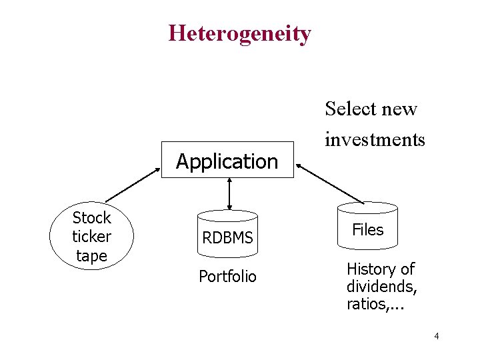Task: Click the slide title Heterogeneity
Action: click(x=239, y=33)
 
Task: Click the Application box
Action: click(x=227, y=161)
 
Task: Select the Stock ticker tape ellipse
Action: click(x=92, y=237)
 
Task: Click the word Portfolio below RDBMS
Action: click(x=227, y=276)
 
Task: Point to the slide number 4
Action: click(x=436, y=336)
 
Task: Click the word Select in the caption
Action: click(x=350, y=109)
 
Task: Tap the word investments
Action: click(x=375, y=139)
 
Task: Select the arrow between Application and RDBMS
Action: click(x=229, y=194)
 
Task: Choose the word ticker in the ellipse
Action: click(x=91, y=237)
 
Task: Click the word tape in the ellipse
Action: click(x=91, y=255)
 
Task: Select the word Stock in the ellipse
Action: click(x=91, y=218)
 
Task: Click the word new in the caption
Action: click(x=401, y=109)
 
